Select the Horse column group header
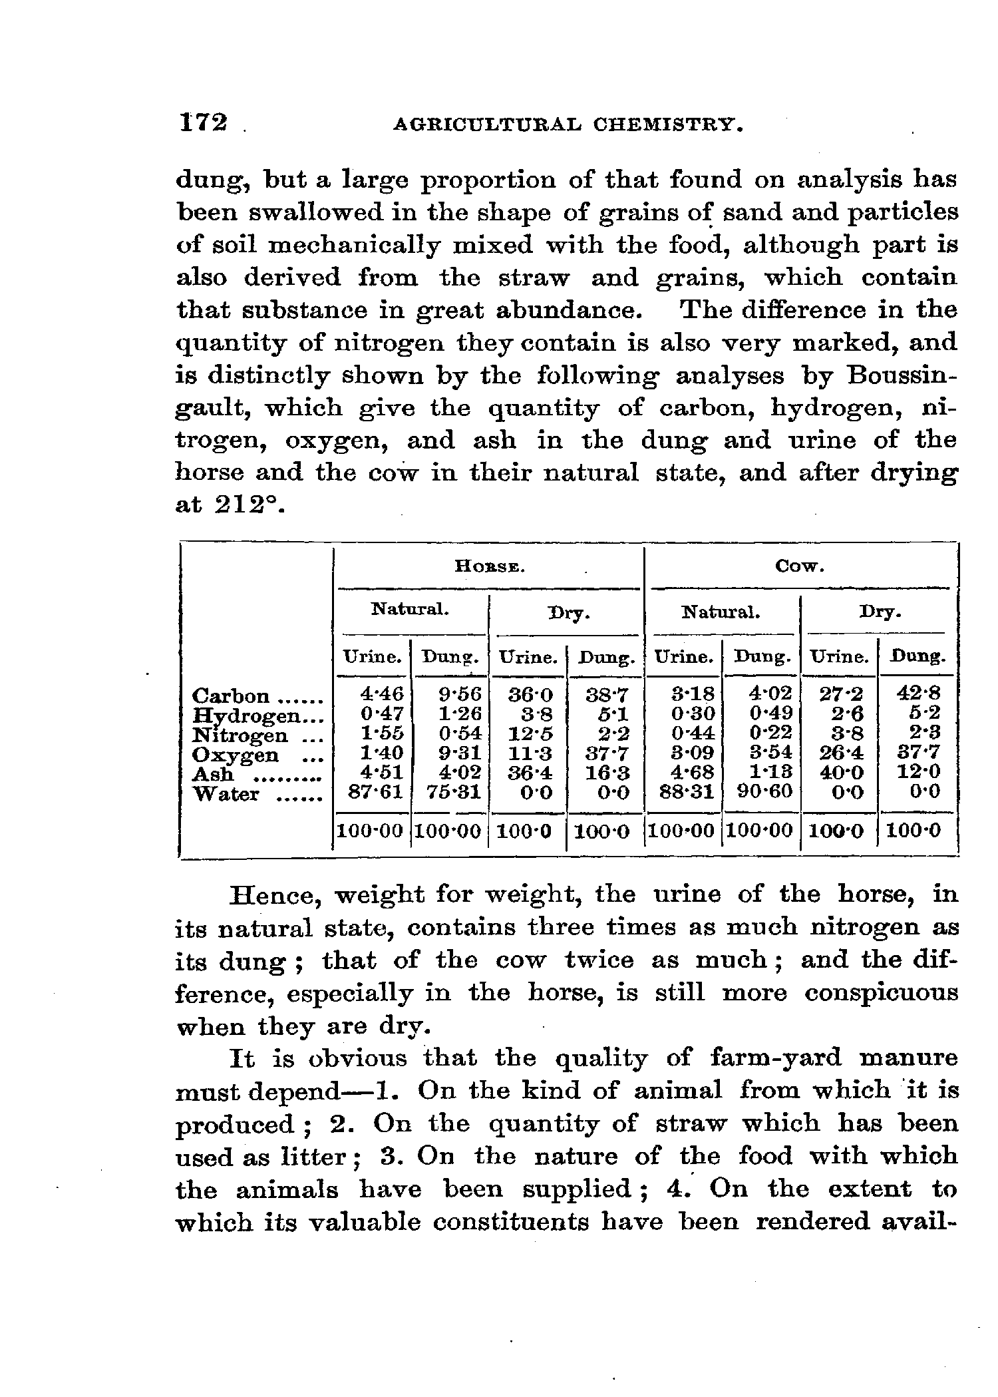(x=490, y=567)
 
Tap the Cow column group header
(x=800, y=567)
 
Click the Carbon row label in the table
(x=231, y=696)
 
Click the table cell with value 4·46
(x=381, y=694)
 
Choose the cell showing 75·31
(x=452, y=792)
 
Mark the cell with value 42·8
(x=918, y=694)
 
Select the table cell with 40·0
(x=840, y=772)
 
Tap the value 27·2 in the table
(x=840, y=694)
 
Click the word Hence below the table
(x=273, y=894)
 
